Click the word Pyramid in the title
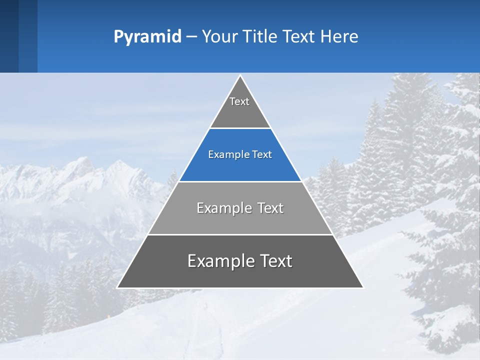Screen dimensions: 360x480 tap(147, 37)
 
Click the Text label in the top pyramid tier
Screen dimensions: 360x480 tap(239, 101)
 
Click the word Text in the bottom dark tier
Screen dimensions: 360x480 tap(275, 261)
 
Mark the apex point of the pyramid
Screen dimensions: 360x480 tap(240, 76)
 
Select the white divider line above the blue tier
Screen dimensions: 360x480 tap(240, 128)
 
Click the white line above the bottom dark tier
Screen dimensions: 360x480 tap(240, 234)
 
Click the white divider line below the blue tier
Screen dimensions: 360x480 tap(240, 181)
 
